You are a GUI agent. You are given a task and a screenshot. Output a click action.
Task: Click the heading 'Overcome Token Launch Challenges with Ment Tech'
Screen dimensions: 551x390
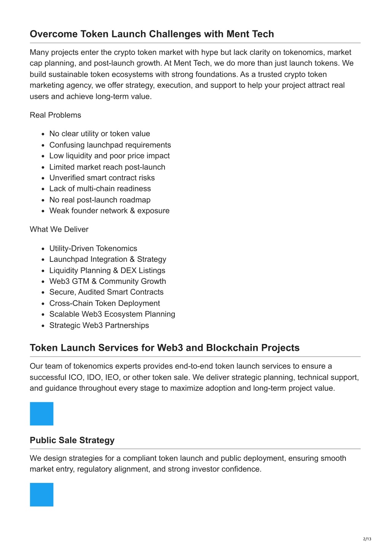pos(152,34)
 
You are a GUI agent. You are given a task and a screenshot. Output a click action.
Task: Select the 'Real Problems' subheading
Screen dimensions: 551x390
pos(55,115)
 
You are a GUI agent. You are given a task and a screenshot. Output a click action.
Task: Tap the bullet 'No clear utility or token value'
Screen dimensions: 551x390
pos(99,134)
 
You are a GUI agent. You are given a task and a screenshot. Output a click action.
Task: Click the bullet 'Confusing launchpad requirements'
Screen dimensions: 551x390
pos(110,145)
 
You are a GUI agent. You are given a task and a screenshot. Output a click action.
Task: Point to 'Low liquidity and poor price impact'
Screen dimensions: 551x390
pos(109,156)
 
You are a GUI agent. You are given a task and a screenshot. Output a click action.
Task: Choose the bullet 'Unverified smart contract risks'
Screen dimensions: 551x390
pos(102,178)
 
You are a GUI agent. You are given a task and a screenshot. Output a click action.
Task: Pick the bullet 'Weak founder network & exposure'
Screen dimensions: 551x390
pos(109,210)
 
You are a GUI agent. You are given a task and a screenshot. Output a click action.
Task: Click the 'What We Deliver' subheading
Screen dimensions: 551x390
pos(59,229)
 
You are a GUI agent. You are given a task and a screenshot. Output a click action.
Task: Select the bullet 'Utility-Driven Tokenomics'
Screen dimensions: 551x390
pos(93,248)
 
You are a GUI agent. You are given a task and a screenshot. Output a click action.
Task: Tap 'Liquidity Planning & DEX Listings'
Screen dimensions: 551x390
pos(107,271)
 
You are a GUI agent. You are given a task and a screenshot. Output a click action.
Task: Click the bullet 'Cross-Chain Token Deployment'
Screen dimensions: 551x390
pos(104,303)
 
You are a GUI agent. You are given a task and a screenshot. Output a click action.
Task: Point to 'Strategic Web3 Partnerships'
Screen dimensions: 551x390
pos(99,325)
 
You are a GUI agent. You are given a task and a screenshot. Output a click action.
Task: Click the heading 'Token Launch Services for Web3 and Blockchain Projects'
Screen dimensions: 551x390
pos(165,348)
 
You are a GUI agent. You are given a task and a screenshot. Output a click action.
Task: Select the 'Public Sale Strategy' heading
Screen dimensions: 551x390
pos(72,440)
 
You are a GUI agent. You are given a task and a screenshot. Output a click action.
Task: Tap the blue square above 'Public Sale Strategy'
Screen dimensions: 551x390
pos(42,414)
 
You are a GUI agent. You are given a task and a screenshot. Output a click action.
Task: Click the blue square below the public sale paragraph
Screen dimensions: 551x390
pos(42,495)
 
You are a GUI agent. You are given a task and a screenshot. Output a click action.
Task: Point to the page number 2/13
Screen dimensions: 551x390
pos(367,538)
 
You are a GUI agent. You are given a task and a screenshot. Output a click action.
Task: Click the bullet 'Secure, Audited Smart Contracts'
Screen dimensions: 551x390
pos(106,292)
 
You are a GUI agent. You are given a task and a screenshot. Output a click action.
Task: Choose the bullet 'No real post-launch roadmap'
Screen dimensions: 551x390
pos(100,200)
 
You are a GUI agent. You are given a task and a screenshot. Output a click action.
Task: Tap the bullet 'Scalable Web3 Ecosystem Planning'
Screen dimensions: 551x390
pos(112,314)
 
